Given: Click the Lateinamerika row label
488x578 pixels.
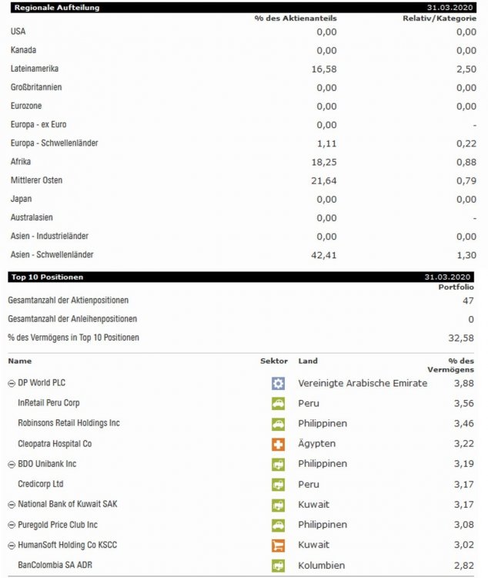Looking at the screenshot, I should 35,69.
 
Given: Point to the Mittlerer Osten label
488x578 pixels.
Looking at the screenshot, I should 36,180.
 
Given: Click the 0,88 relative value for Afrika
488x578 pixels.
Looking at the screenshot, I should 466,162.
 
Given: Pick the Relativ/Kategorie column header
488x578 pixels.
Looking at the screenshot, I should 440,18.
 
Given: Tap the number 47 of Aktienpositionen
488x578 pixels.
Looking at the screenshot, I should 468,301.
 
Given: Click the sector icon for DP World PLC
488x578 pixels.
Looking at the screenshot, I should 278,383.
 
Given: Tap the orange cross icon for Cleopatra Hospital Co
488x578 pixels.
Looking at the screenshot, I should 278,444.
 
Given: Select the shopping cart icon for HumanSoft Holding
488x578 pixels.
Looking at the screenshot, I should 278,545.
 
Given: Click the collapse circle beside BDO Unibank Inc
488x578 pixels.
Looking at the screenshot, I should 11,464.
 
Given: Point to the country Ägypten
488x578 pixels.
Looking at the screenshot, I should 316,444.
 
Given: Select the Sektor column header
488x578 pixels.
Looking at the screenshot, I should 274,361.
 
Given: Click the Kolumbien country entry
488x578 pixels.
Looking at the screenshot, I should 322,566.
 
